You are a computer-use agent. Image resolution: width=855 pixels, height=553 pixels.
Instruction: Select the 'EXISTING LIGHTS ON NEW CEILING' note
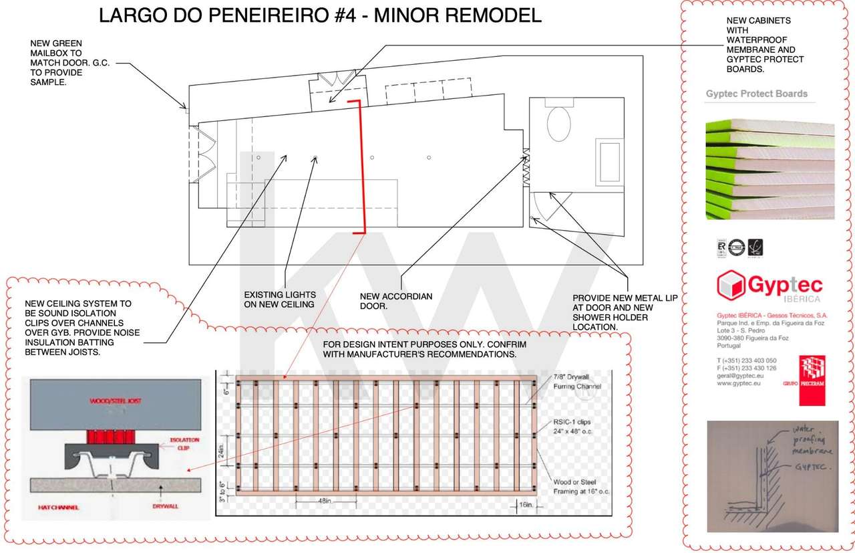(280, 300)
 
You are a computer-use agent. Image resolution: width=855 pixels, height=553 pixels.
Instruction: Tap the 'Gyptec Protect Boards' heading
(756, 94)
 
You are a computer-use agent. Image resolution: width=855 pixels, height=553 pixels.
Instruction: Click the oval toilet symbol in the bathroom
(558, 124)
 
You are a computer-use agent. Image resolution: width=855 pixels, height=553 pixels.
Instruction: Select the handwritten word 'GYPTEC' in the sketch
(809, 469)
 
